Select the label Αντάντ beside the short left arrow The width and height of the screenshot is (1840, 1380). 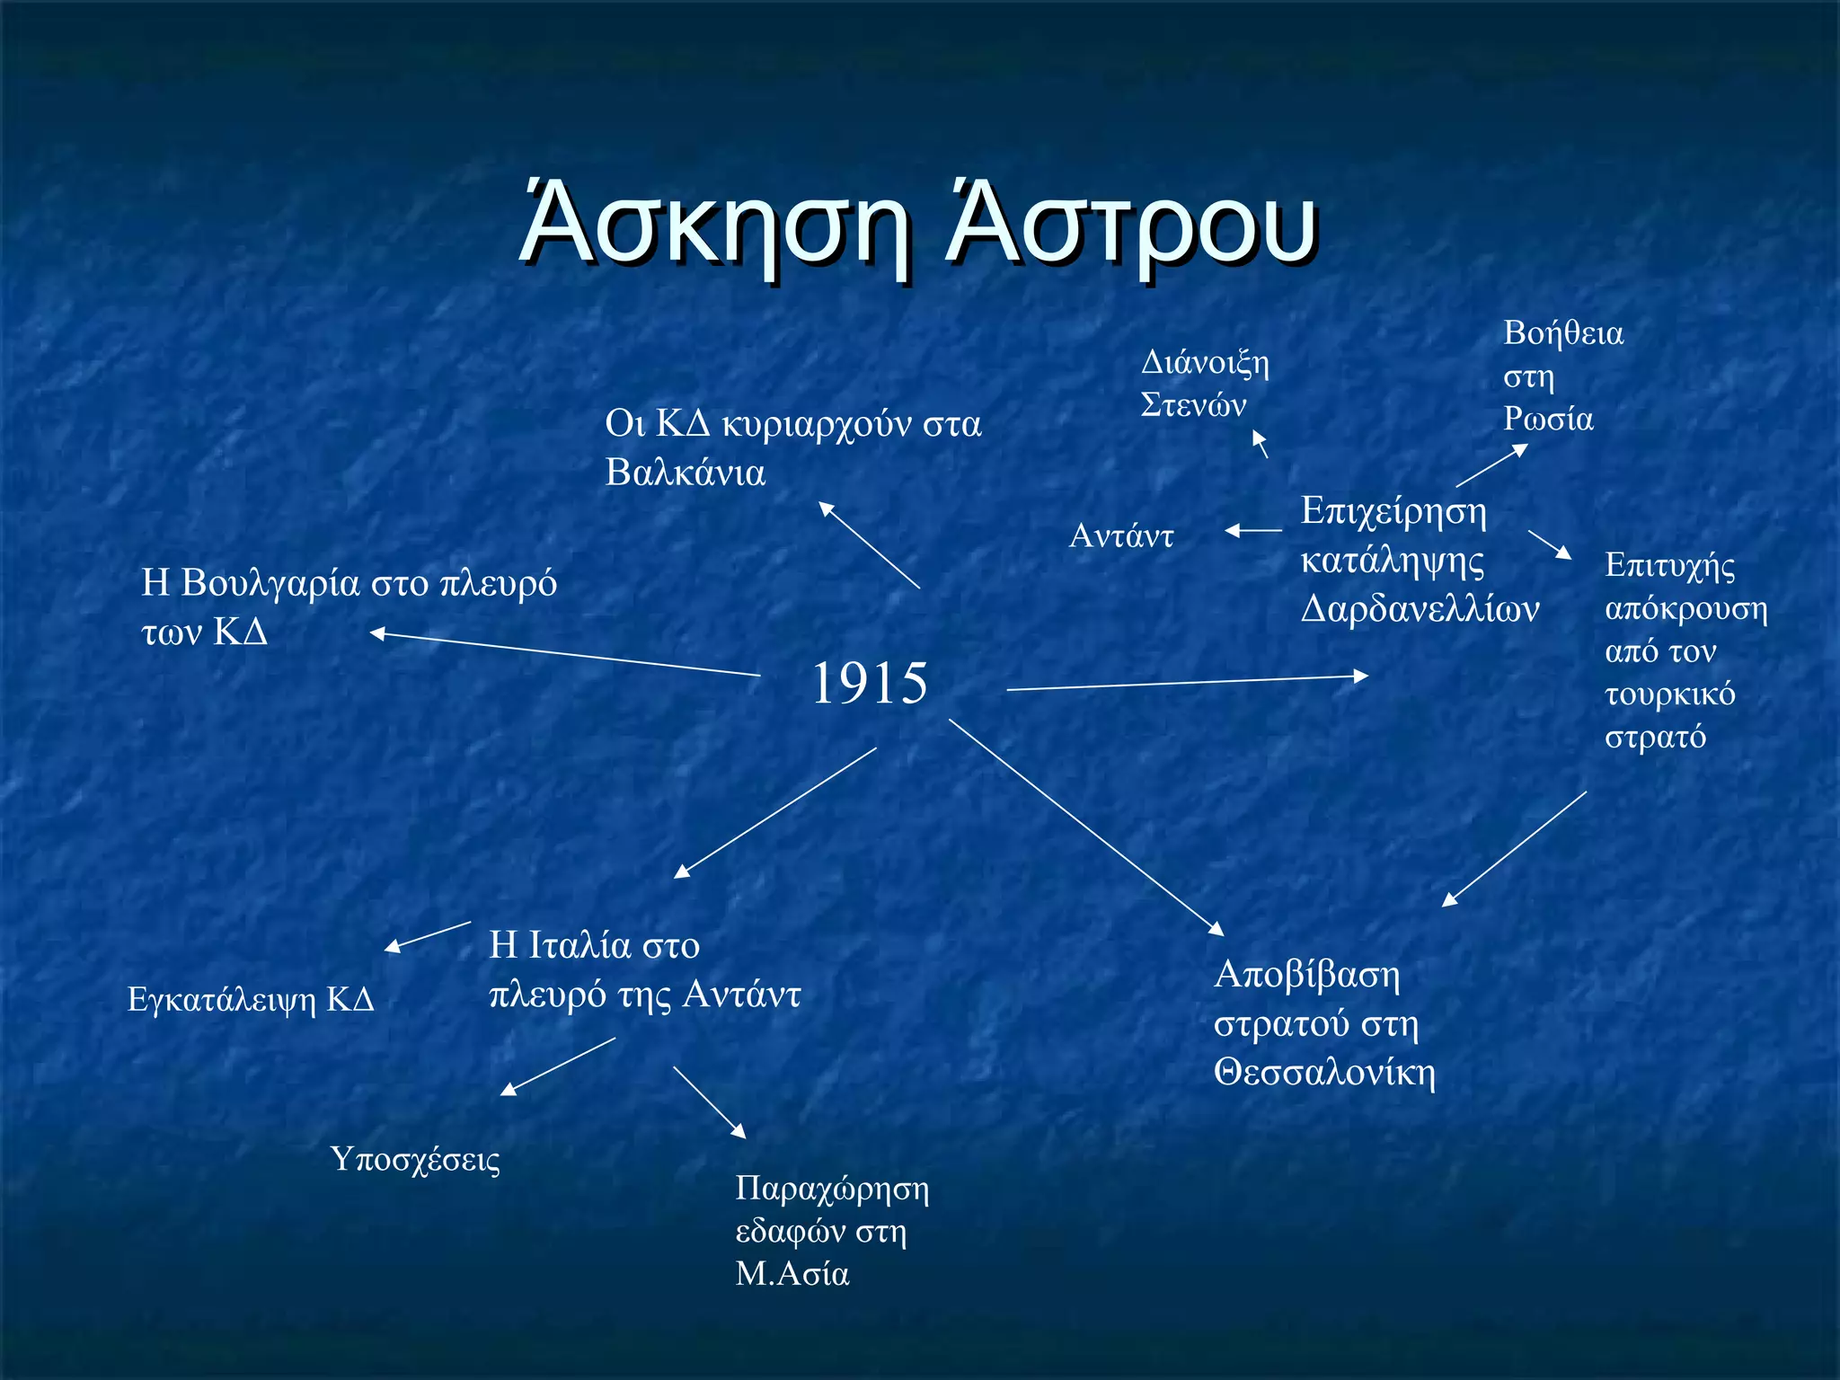tap(1121, 536)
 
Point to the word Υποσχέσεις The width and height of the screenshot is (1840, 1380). tap(415, 1160)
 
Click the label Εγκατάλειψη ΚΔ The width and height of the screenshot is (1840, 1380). tap(251, 1000)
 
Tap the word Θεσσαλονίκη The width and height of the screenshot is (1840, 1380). tap(1324, 1072)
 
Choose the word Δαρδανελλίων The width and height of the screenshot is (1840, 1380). tap(1420, 609)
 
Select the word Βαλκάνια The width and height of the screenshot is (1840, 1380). tap(685, 473)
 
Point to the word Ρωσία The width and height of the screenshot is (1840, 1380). tap(1549, 419)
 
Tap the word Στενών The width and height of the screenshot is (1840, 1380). tap(1193, 405)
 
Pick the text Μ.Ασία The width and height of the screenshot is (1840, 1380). tap(792, 1274)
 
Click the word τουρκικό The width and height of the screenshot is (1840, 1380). tap(1669, 694)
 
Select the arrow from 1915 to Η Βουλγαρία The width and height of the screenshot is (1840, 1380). tap(566, 654)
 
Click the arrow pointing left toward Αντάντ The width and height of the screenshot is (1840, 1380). tap(1253, 531)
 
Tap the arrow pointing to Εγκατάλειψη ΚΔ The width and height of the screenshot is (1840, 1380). tap(428, 935)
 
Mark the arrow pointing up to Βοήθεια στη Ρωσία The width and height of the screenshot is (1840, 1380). tap(1492, 465)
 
